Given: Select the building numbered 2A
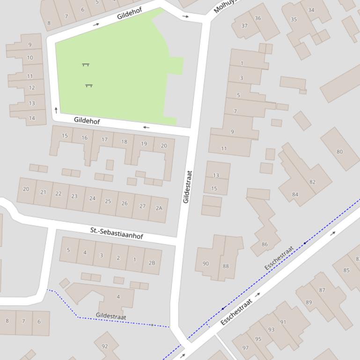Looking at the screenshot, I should [x=159, y=208].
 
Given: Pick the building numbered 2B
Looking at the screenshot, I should [x=152, y=263].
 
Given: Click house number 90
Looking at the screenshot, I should [x=206, y=264].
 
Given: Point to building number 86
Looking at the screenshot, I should [x=265, y=244].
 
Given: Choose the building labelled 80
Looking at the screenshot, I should [x=339, y=151].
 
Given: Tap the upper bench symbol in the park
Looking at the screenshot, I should [x=86, y=65].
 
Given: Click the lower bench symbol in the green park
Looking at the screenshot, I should [x=89, y=86].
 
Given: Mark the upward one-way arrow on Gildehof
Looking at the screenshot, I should [x=56, y=110].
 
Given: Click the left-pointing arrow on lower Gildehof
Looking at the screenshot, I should [x=147, y=127].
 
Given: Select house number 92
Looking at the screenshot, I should [x=104, y=346].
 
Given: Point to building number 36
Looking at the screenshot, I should [x=258, y=18].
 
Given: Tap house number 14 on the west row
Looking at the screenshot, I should [x=31, y=118].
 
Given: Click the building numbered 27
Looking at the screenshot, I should [x=142, y=206].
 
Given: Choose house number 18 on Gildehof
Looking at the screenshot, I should [x=124, y=142].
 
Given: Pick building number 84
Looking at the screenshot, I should [x=295, y=194].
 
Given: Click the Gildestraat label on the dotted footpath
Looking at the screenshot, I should [x=111, y=317].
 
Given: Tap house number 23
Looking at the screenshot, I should [x=74, y=196].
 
